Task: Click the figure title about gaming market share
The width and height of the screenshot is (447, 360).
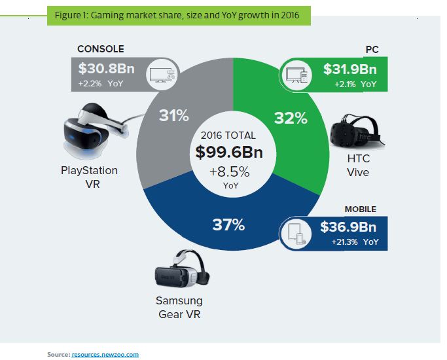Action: (x=179, y=15)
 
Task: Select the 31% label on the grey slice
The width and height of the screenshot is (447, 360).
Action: (x=173, y=115)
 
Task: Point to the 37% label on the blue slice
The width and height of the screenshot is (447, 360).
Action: (x=228, y=225)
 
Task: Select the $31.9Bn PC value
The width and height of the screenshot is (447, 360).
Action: (x=351, y=70)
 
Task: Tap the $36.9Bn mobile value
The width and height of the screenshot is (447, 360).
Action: (x=348, y=226)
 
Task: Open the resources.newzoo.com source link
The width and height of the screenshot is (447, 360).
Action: (x=105, y=354)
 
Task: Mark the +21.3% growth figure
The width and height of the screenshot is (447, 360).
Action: (x=343, y=242)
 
